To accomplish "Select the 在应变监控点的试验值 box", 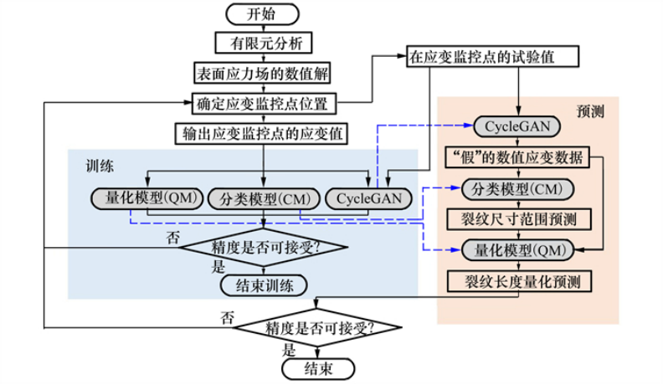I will [481, 58].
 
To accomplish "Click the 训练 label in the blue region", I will [100, 166].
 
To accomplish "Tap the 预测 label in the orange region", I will [590, 110].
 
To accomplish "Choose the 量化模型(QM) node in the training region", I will [143, 198].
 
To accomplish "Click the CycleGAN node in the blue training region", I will [368, 198].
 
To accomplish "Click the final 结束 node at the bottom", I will [317, 368].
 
